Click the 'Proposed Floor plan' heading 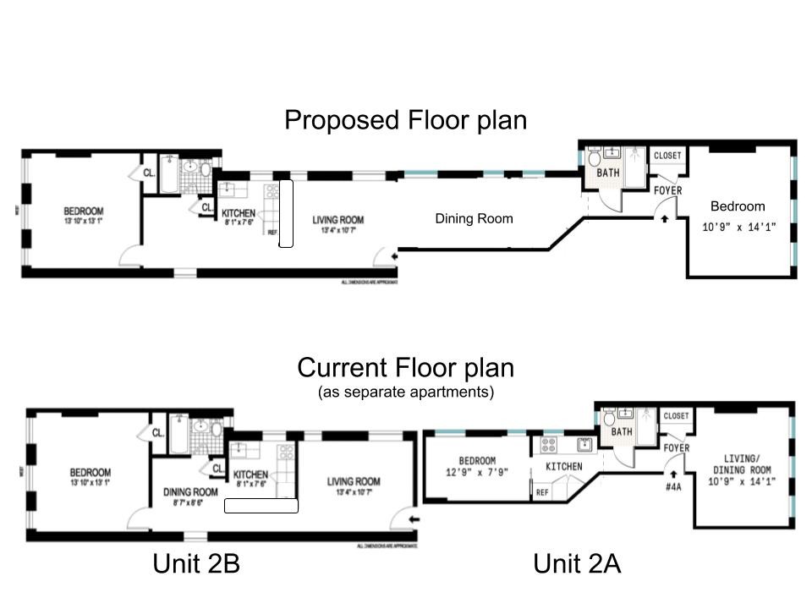click(405, 120)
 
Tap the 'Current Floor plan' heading click(405, 368)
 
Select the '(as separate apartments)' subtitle click(406, 392)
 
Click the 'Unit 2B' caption click(200, 563)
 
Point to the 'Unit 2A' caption click(577, 563)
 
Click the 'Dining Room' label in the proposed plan click(474, 218)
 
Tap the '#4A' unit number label click(673, 487)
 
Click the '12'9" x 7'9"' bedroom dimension click(478, 473)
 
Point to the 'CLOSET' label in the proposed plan click(667, 156)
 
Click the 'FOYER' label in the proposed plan click(668, 191)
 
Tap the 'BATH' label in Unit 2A click(622, 432)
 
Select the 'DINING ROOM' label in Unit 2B click(189, 491)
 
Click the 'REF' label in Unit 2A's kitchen click(541, 491)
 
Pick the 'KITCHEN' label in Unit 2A click(563, 466)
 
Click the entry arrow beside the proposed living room click(390, 253)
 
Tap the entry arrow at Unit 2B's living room click(413, 519)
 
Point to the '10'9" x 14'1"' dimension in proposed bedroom click(738, 228)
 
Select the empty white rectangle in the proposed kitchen click(286, 213)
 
